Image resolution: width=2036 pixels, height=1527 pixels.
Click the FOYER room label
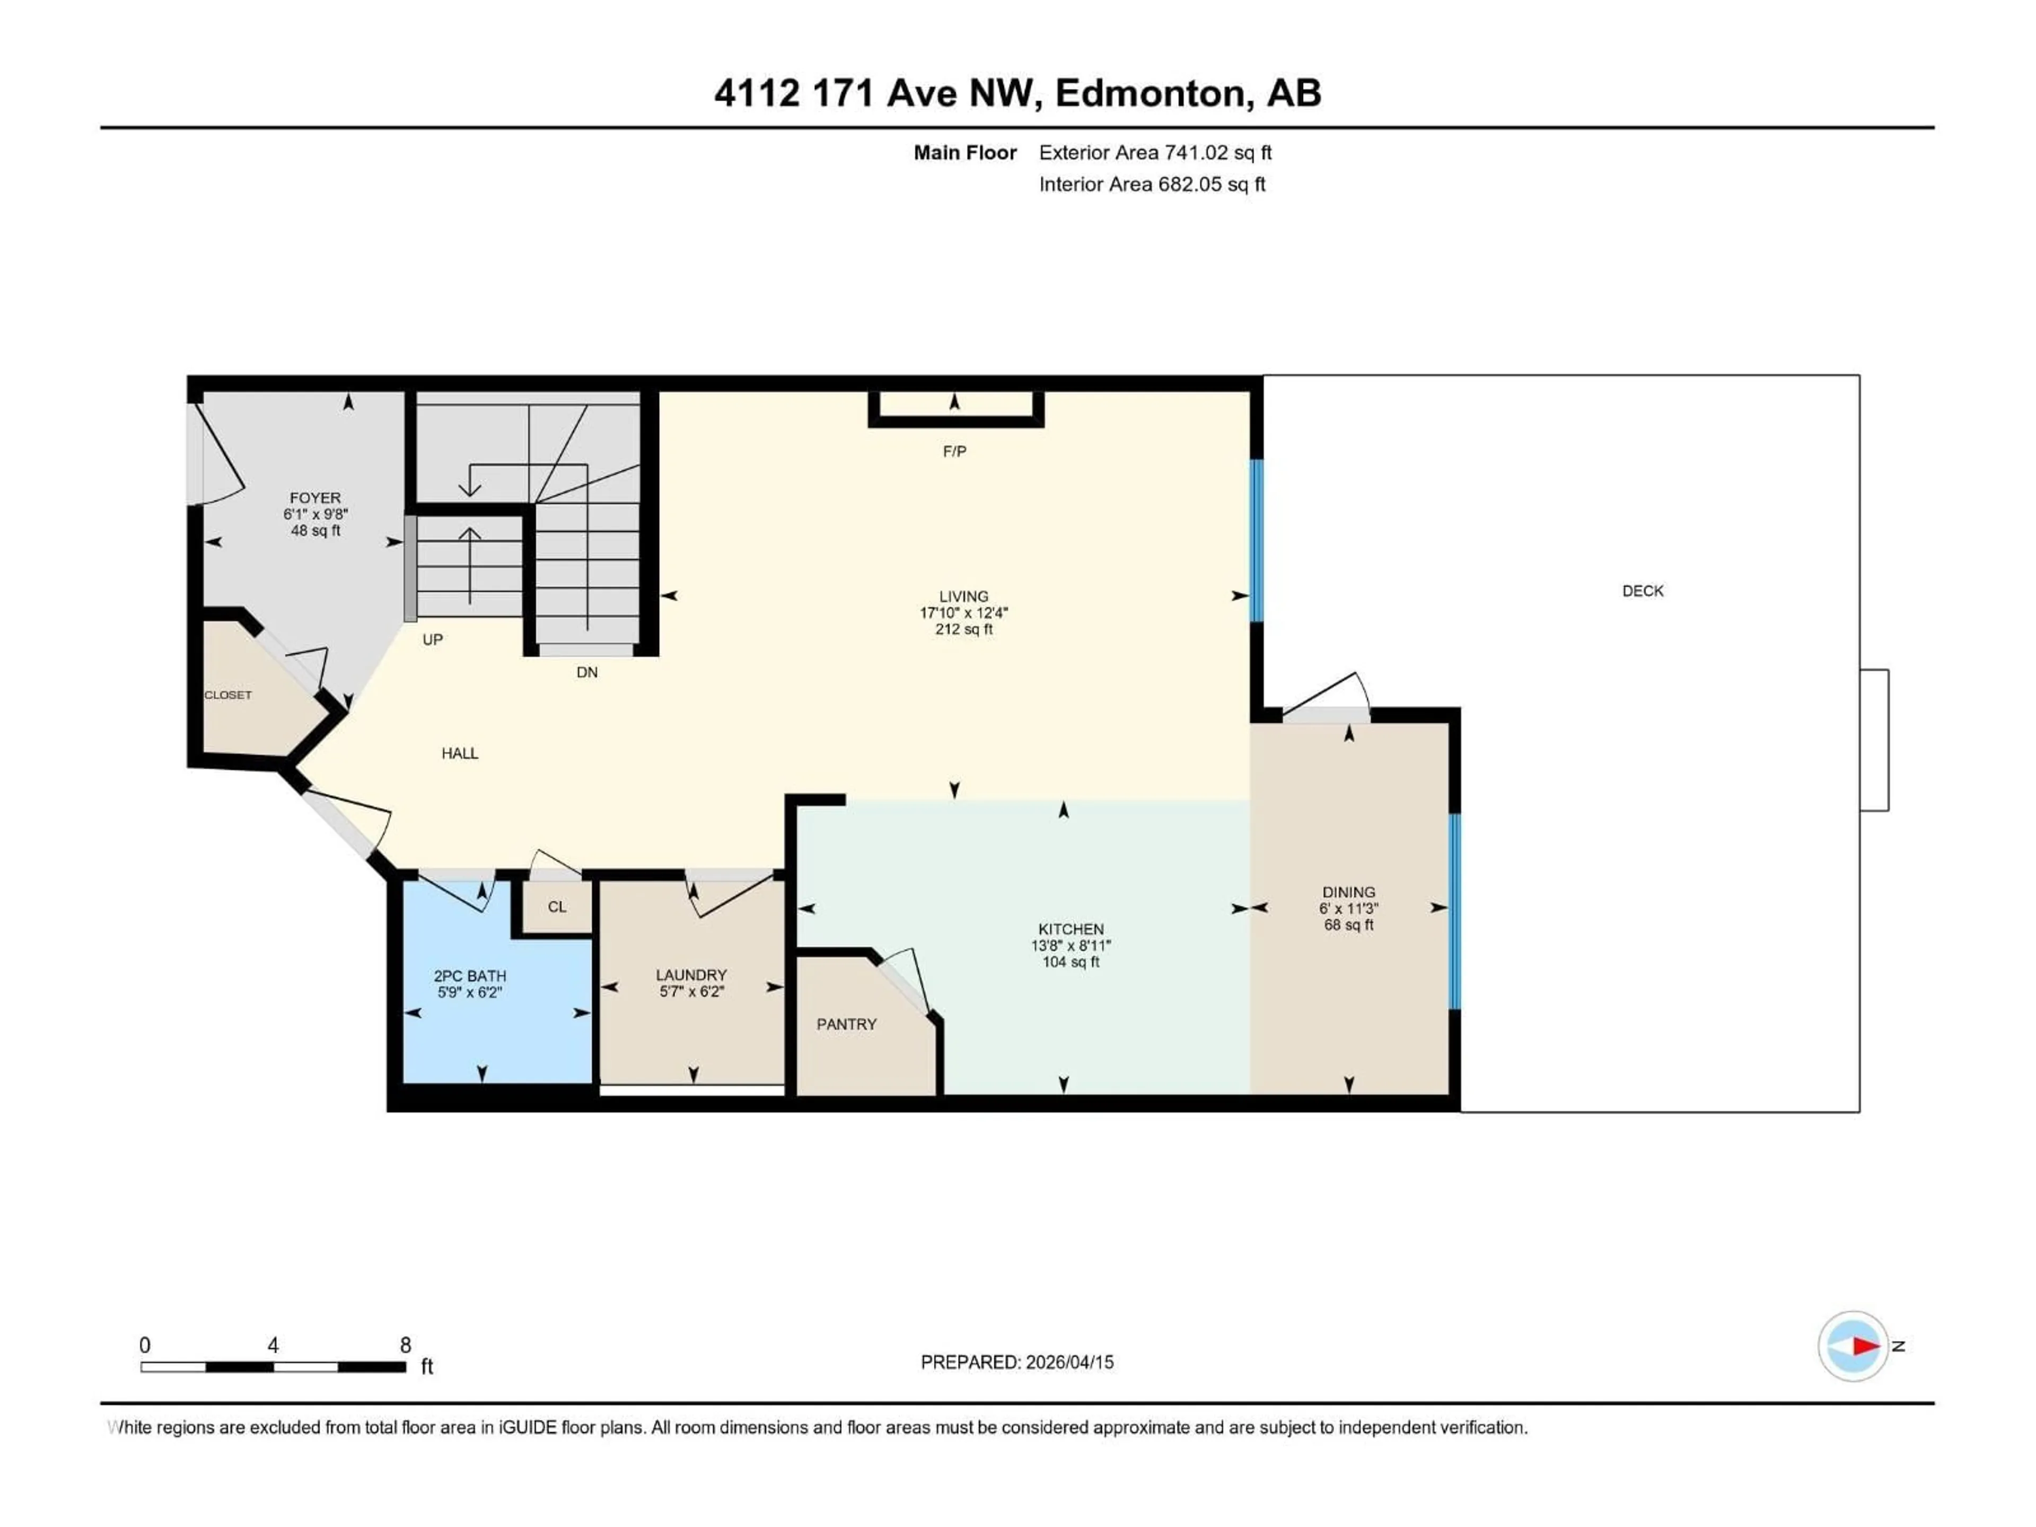tap(315, 498)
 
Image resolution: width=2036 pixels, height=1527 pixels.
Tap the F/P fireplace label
tap(954, 451)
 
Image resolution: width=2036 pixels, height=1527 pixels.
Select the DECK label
tap(1642, 591)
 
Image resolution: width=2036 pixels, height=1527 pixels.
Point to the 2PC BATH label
tap(469, 976)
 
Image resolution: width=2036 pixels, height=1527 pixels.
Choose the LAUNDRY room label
tap(691, 975)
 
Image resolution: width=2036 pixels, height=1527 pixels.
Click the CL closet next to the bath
tap(557, 907)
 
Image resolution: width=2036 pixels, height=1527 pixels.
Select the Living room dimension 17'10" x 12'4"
tap(964, 613)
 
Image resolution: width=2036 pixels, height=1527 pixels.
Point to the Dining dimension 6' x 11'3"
tap(1348, 908)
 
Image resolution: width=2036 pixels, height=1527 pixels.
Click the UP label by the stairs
tap(433, 640)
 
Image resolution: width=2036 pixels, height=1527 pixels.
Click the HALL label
tap(459, 753)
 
